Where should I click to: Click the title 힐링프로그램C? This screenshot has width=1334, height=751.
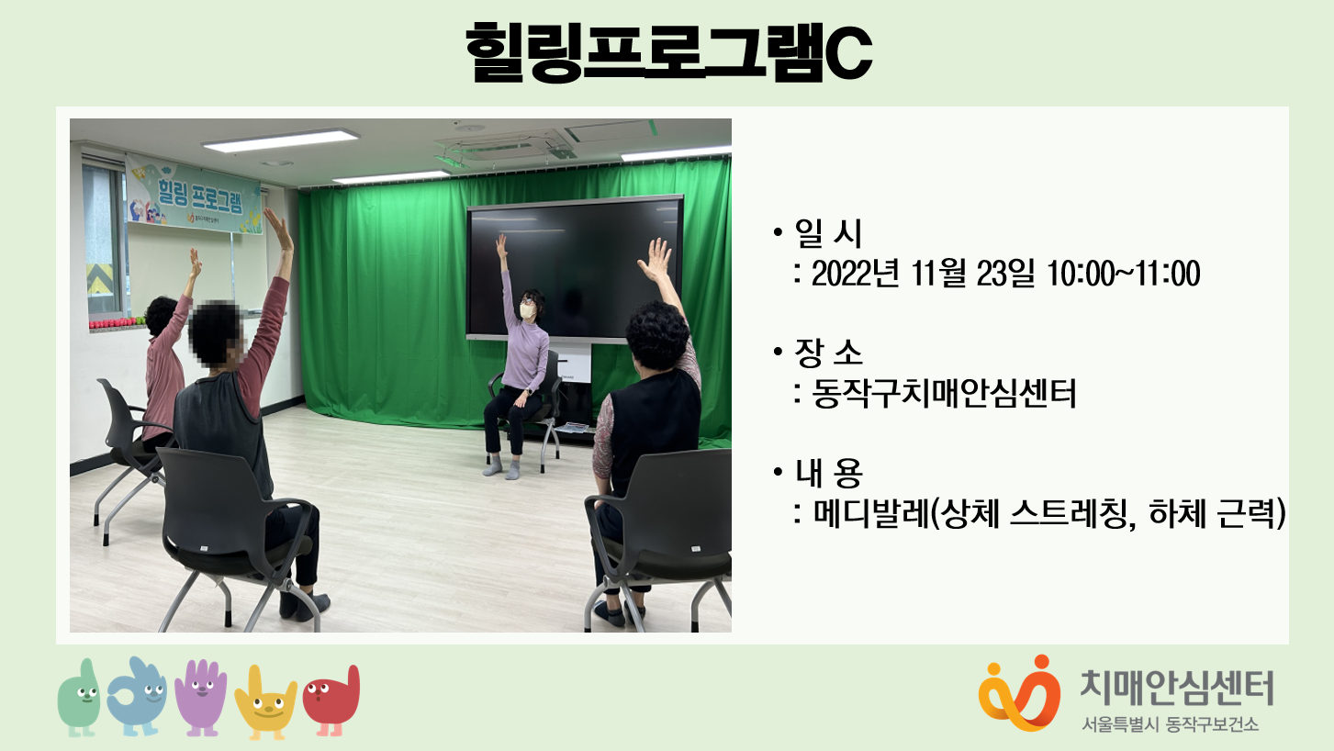[x=668, y=52]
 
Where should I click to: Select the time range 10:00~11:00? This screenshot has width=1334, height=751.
[x=1123, y=274]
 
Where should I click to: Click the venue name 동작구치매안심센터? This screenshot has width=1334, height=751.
[x=944, y=394]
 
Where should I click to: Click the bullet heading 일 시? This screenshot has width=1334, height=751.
[x=828, y=233]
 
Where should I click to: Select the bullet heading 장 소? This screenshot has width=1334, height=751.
[x=828, y=353]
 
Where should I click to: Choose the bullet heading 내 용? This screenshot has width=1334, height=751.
[x=828, y=473]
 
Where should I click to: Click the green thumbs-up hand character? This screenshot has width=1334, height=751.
[x=79, y=698]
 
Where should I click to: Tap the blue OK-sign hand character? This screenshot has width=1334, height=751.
[x=137, y=696]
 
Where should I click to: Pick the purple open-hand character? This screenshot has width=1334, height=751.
[x=201, y=697]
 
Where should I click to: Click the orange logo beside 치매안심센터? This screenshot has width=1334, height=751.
[x=1020, y=693]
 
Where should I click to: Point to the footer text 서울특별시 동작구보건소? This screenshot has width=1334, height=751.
[x=1171, y=724]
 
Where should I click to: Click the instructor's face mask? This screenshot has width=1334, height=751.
[x=526, y=311]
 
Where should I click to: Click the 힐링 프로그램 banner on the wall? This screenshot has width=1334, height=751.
[x=194, y=194]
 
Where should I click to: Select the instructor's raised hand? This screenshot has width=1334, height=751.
[x=502, y=245]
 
